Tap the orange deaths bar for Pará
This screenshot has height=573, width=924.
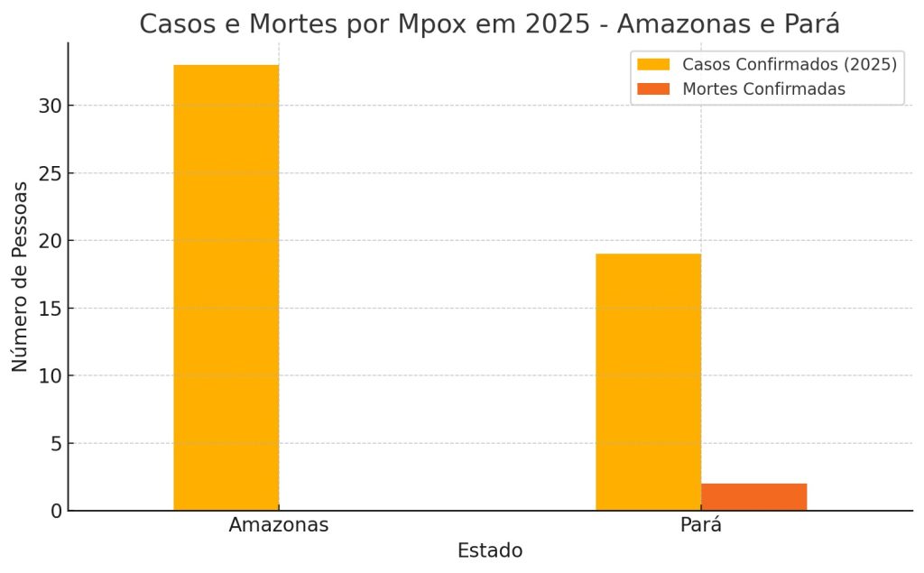coord(753,497)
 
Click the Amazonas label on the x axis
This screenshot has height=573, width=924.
coord(278,524)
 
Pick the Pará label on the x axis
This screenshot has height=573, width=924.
coord(700,524)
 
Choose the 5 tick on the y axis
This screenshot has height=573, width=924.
coord(55,443)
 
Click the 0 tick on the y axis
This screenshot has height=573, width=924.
coord(55,511)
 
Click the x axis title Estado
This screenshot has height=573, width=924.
coord(490,550)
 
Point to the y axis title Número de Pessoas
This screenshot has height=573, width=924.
coord(20,276)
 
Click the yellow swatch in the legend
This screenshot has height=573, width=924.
coord(653,64)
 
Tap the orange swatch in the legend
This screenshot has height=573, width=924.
coord(653,88)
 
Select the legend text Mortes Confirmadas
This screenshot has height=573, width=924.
coord(763,88)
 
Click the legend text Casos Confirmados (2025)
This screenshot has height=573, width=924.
coord(789,64)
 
